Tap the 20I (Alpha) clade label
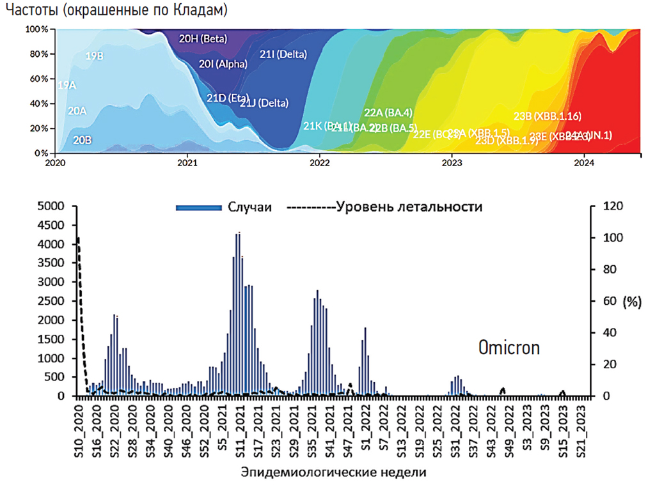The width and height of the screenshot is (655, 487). [219, 64]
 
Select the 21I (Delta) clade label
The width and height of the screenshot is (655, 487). [283, 54]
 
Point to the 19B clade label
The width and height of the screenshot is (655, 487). [95, 56]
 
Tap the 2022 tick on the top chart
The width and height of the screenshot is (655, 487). [319, 163]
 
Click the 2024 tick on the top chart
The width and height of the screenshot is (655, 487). [584, 163]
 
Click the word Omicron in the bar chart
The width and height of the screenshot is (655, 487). [509, 348]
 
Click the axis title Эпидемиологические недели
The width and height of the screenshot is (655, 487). [333, 473]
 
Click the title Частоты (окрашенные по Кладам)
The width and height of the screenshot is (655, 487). [116, 11]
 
